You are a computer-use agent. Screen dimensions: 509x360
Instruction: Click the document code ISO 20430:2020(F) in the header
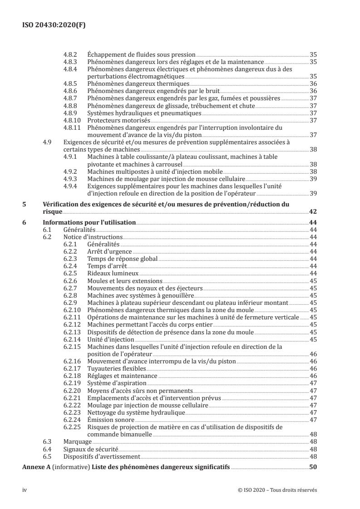[54, 25]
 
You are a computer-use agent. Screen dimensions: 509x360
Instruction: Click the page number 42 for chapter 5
[313, 211]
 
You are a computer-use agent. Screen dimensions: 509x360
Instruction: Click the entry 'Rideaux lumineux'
[113, 274]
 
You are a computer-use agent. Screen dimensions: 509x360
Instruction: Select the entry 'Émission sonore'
[109, 420]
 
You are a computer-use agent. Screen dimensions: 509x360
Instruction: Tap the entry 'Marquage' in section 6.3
[78, 441]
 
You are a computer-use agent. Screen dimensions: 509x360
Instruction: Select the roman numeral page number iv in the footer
[25, 490]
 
